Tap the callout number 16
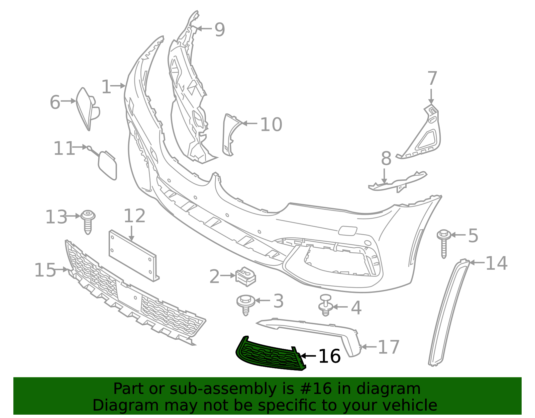coord(329,356)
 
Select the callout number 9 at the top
coord(220,29)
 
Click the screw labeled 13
coord(88,222)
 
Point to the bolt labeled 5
coord(444,243)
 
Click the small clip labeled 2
coord(245,276)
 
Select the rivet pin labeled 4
coord(325,305)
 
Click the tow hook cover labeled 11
coord(107,165)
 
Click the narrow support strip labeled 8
coord(397,182)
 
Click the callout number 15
coord(45,270)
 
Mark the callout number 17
coord(388,347)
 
